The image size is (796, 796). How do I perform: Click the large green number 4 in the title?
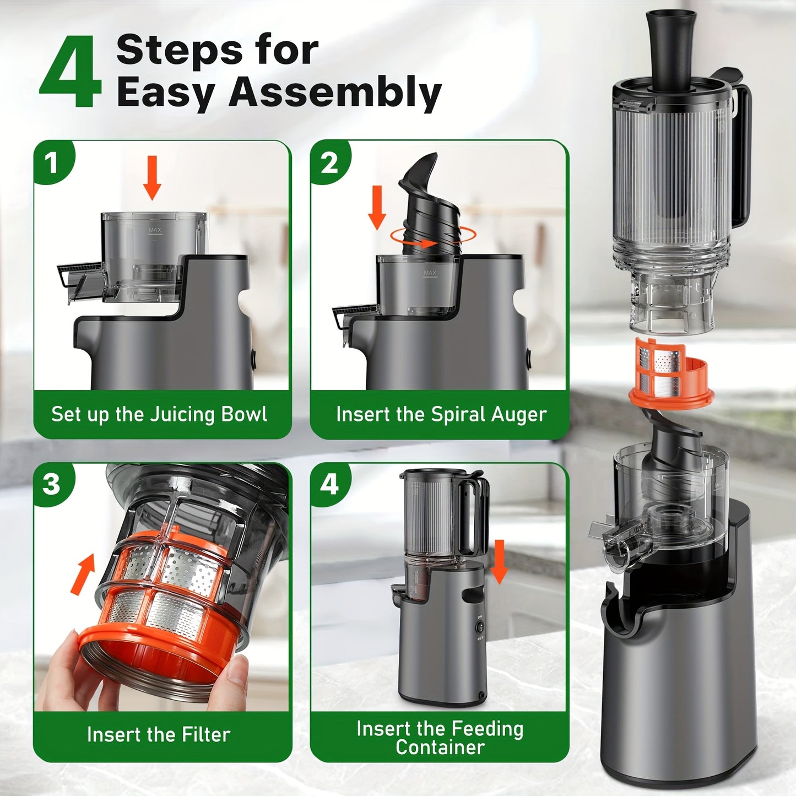(x=71, y=73)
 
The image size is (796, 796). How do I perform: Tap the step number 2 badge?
(x=329, y=163)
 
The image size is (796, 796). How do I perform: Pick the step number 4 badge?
(x=329, y=484)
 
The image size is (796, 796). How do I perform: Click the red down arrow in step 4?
(x=499, y=561)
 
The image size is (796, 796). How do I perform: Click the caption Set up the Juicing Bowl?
(x=159, y=414)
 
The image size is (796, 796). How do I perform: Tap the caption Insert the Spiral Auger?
(x=441, y=414)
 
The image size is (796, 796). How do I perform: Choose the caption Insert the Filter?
(x=159, y=734)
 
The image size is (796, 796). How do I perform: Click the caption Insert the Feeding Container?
(x=440, y=738)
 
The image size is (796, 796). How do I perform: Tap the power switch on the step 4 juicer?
(x=480, y=626)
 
